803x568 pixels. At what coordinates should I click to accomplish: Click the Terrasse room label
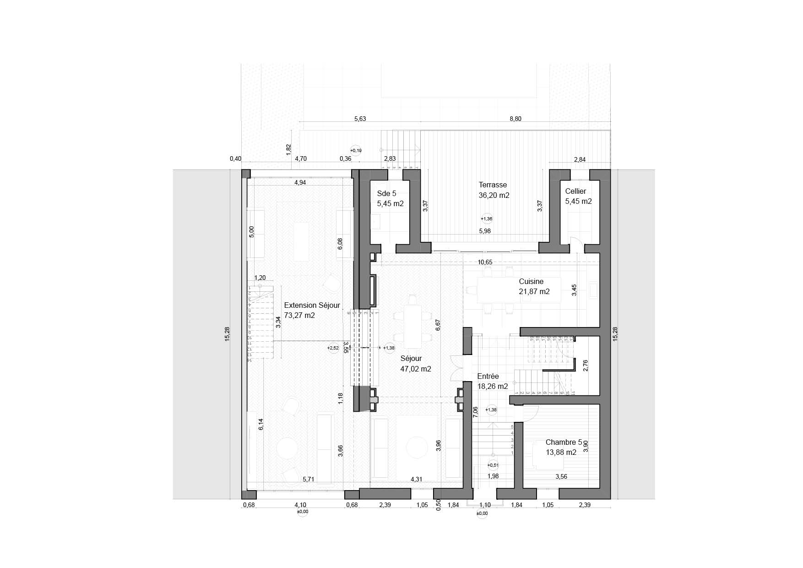coord(493,185)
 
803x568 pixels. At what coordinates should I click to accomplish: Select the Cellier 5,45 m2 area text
coord(578,202)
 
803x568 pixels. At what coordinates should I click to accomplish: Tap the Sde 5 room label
coord(386,194)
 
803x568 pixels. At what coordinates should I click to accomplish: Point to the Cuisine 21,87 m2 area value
coord(534,291)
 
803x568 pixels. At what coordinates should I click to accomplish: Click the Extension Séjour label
coord(312,306)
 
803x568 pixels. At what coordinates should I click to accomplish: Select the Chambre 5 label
coord(564,442)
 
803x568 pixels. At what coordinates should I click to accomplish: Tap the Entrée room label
coord(488,377)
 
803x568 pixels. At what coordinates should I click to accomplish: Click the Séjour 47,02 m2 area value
coord(415,369)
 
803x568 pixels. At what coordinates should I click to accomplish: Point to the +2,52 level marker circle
coord(333,348)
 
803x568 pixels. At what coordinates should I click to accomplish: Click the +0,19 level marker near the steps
coord(356,150)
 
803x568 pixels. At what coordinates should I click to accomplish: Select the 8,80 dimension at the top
coord(515,119)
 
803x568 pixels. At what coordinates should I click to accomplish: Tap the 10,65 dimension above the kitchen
coord(485,262)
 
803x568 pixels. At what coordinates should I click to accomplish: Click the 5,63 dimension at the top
coord(360,119)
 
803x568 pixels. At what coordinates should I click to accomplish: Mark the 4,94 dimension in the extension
coord(300,183)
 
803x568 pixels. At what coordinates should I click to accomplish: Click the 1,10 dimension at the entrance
coord(484,505)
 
